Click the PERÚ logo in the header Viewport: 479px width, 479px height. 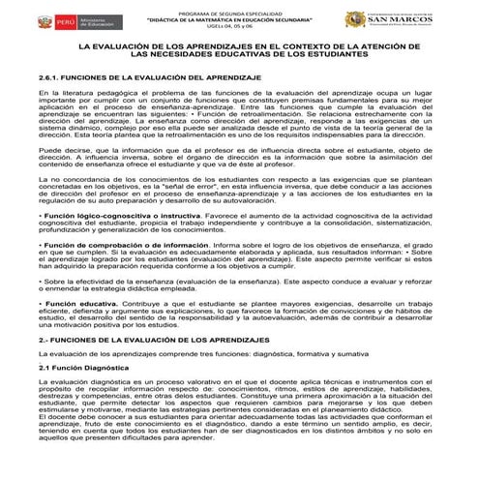click(36, 18)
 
